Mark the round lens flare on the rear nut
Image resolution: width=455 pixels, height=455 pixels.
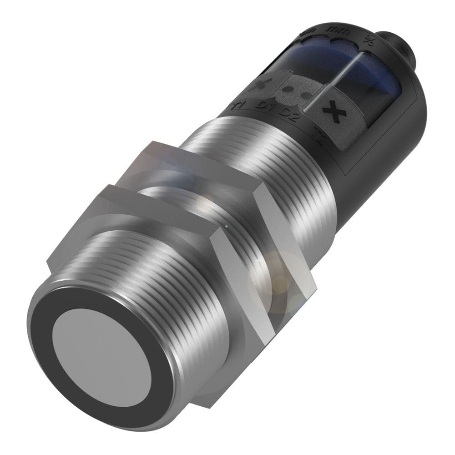268,278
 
